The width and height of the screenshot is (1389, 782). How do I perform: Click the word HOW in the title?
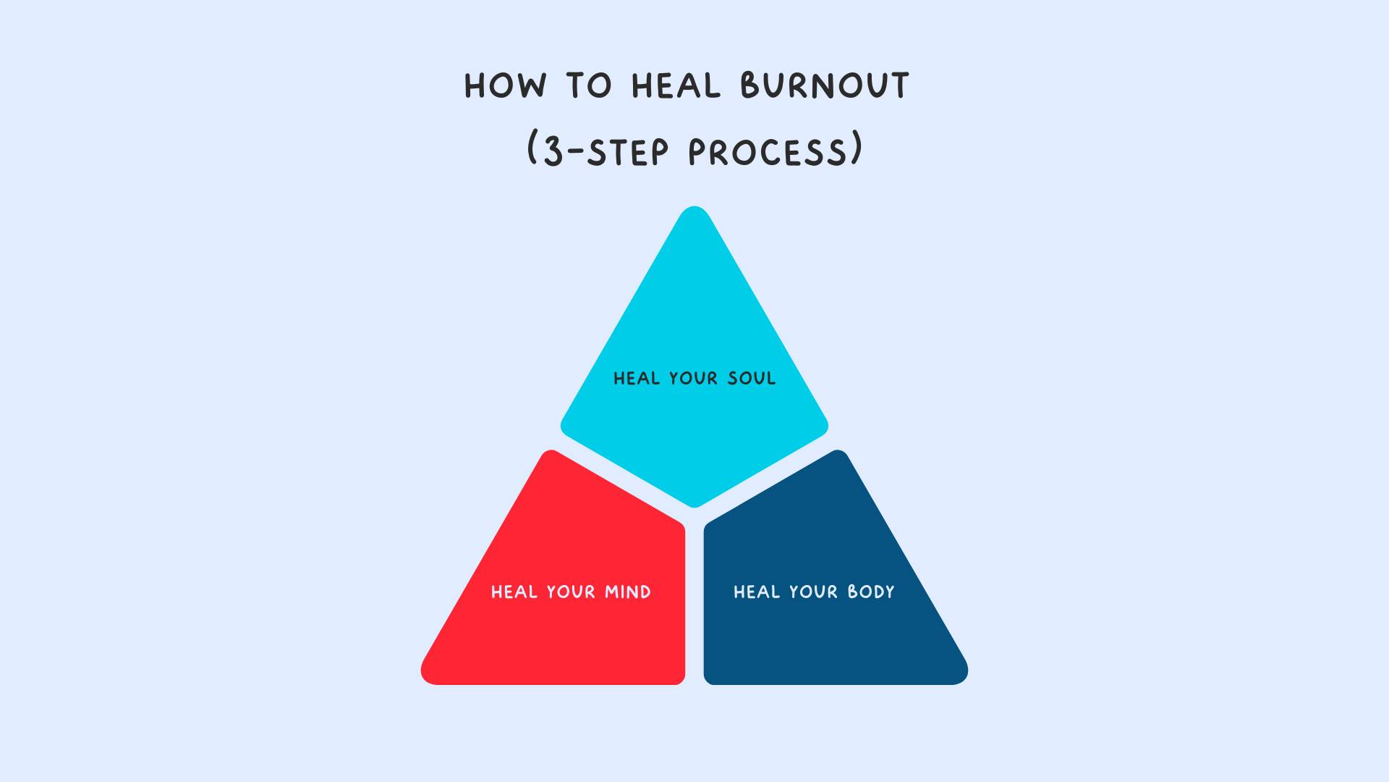[x=505, y=86]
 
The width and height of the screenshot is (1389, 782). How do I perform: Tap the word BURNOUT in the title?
[x=824, y=85]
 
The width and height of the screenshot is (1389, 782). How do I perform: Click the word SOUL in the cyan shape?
[x=752, y=378]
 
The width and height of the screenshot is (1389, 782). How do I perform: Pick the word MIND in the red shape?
[x=628, y=592]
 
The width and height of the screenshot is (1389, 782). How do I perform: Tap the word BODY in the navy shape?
[x=871, y=592]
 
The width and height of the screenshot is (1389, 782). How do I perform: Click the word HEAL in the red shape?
[x=514, y=592]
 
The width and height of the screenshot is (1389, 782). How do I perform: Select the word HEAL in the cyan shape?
[x=636, y=378]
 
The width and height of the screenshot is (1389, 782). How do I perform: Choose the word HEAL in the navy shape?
[x=756, y=592]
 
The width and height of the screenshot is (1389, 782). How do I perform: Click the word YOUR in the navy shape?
[x=813, y=592]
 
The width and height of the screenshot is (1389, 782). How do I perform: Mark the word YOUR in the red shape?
[x=571, y=592]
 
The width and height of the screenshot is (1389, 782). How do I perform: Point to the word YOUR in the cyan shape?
[x=693, y=378]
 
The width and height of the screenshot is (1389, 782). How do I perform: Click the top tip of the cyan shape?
[x=694, y=207]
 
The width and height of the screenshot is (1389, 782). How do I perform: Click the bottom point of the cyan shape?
[x=694, y=507]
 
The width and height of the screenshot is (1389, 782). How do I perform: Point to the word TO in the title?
[x=590, y=86]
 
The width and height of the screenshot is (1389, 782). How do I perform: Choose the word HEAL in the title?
[x=676, y=86]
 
